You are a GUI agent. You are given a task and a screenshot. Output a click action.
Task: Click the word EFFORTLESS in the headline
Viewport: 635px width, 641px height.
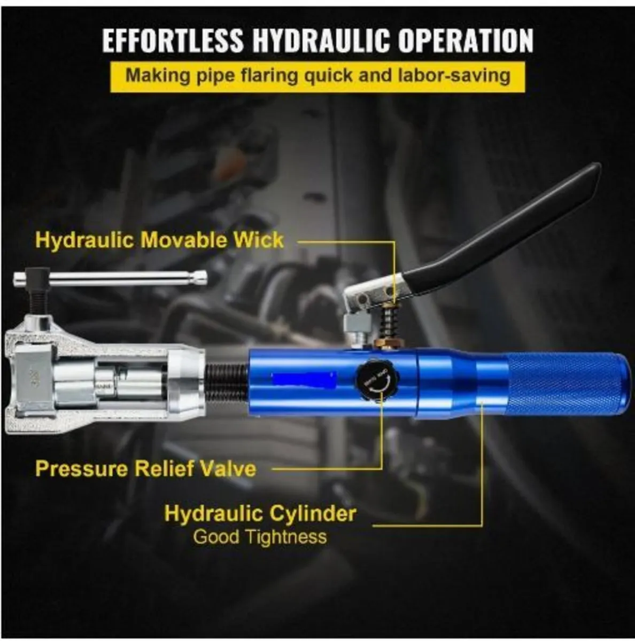click(173, 40)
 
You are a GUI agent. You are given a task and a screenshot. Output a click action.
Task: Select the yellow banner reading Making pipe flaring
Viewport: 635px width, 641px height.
click(317, 75)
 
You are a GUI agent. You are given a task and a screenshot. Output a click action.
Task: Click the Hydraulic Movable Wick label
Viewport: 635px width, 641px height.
click(159, 240)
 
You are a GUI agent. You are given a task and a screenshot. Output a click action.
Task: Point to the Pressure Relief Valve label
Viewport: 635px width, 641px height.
click(145, 468)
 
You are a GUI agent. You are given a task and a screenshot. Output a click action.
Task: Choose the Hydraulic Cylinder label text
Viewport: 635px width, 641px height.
click(260, 513)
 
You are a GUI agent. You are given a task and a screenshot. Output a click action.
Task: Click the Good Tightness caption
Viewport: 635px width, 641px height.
click(260, 536)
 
